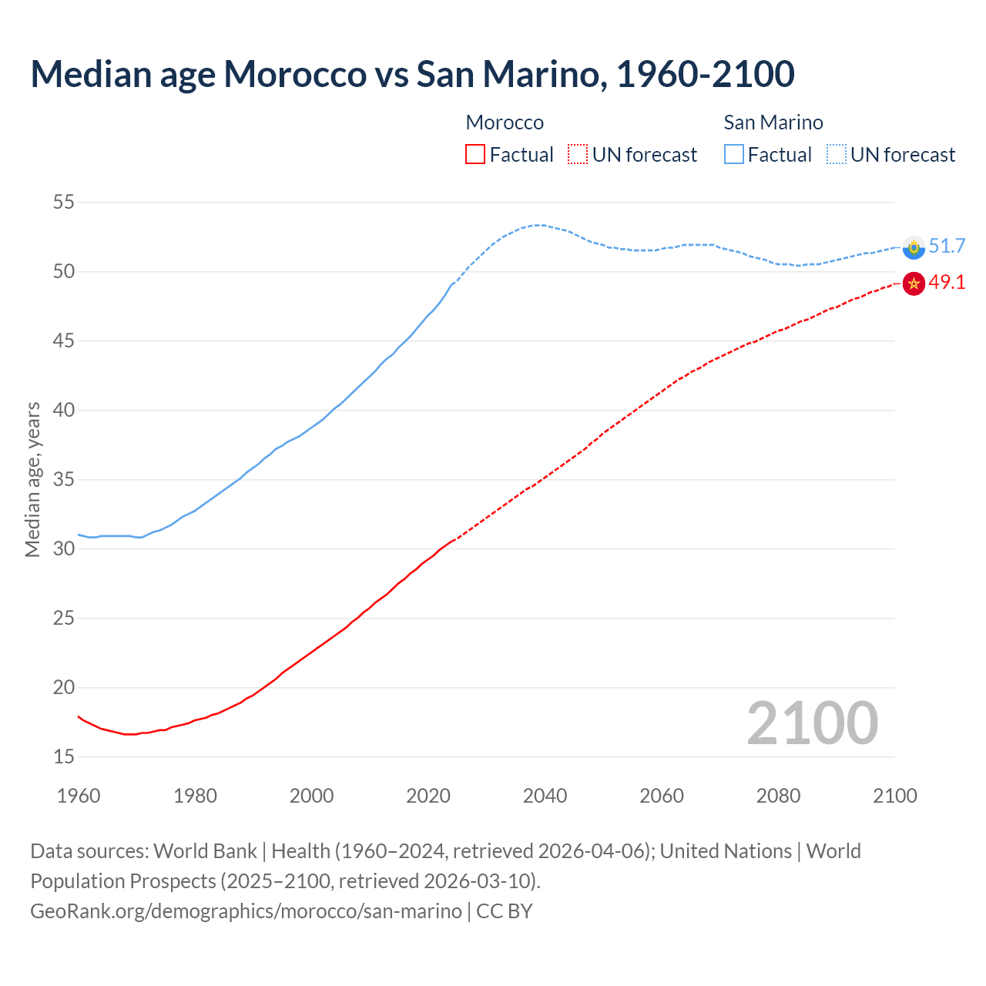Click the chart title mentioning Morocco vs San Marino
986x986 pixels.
click(412, 74)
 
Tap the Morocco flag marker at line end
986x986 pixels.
click(914, 283)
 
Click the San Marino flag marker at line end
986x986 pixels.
click(914, 247)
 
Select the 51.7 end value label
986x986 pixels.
click(947, 246)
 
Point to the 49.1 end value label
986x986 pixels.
click(947, 283)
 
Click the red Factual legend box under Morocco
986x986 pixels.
click(475, 154)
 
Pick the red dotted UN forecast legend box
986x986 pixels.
click(578, 154)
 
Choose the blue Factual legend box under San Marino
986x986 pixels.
click(734, 154)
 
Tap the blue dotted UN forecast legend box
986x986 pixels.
click(837, 154)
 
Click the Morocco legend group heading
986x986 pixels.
click(505, 122)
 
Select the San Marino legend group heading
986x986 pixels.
click(773, 122)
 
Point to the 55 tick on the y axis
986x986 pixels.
click(63, 203)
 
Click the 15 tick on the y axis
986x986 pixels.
click(63, 757)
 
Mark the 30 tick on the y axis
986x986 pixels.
click(63, 549)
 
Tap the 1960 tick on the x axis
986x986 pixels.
click(79, 796)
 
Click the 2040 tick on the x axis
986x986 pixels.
click(545, 796)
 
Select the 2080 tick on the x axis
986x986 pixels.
click(778, 796)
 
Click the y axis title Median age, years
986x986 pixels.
click(32, 479)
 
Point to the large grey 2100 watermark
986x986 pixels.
click(812, 723)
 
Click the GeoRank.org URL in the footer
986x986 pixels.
click(246, 911)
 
